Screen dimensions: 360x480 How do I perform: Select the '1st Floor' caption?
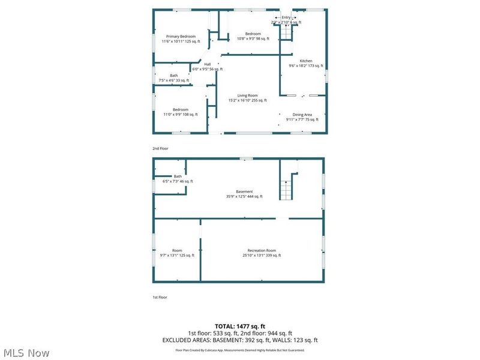(160, 297)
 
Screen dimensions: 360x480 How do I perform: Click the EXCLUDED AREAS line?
(239, 340)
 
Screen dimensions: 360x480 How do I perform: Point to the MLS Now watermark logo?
(26, 353)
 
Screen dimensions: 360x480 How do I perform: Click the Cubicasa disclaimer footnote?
(239, 350)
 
